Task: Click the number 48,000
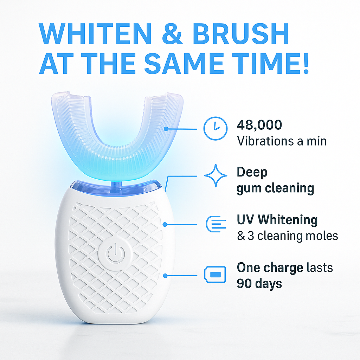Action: [259, 125]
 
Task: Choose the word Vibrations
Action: [266, 141]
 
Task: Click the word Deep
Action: [252, 172]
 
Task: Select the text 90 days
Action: [259, 283]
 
